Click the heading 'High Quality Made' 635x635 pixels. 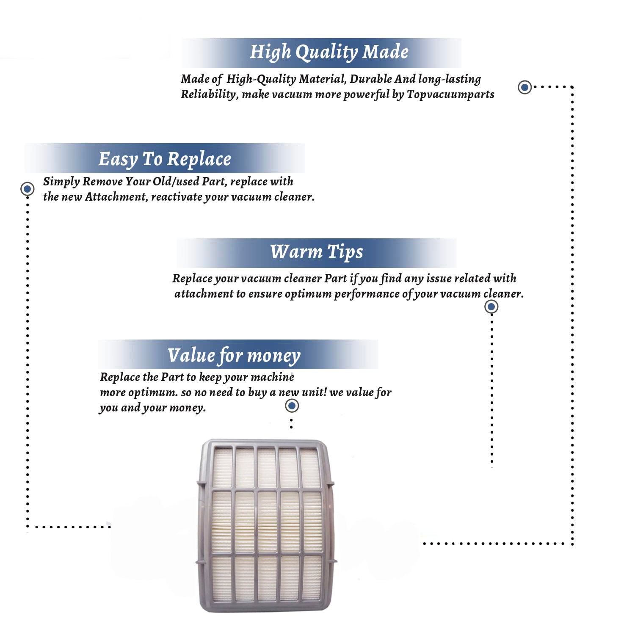(329, 52)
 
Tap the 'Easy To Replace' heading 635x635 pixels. (165, 159)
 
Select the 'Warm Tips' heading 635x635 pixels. (317, 252)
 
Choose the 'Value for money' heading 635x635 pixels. (234, 356)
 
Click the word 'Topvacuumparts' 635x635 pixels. (450, 94)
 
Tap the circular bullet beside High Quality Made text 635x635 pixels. (525, 87)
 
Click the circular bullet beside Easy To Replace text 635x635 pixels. (28, 188)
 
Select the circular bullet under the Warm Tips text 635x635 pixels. (491, 306)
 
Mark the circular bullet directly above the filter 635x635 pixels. (292, 406)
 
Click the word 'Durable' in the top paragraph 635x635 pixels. (371, 79)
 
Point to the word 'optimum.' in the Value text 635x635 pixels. (153, 392)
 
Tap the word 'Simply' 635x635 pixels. (61, 182)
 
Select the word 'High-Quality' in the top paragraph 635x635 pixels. (261, 79)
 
